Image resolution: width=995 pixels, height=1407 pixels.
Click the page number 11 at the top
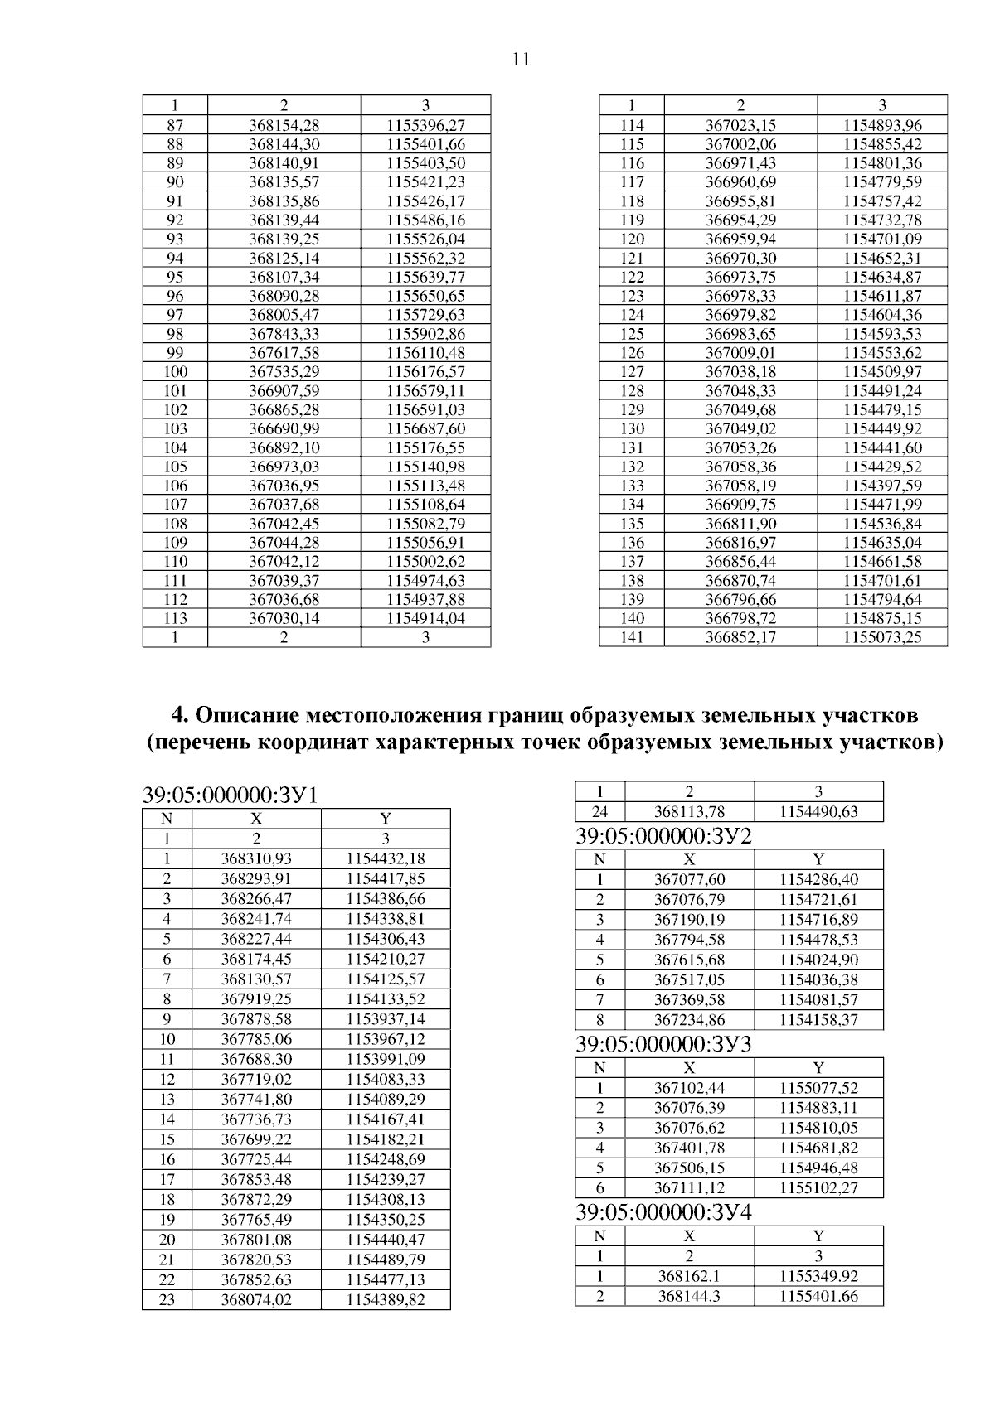point(521,60)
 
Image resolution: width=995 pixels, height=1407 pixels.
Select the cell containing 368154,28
point(284,125)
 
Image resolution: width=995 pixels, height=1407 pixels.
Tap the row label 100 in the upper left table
point(175,372)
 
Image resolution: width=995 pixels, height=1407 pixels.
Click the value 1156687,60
point(425,429)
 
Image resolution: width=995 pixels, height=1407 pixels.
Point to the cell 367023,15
point(740,125)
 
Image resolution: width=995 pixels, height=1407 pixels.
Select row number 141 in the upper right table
point(632,637)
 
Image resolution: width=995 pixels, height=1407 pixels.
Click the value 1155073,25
point(882,637)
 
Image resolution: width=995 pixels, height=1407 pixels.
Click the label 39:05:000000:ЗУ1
point(231,795)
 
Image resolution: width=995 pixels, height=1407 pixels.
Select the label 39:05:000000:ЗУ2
point(663,836)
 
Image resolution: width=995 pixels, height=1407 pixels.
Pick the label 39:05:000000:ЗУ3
point(663,1045)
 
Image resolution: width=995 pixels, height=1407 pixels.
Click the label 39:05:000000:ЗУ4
point(663,1212)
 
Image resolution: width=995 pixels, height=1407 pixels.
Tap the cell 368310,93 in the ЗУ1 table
point(256,859)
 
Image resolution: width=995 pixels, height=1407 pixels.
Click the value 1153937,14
point(386,1019)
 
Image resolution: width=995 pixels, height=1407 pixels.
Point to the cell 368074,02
point(256,1300)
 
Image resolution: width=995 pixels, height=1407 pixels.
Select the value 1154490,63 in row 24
point(818,812)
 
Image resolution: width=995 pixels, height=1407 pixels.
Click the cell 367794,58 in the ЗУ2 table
point(689,940)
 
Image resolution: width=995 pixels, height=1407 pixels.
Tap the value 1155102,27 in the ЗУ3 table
point(818,1188)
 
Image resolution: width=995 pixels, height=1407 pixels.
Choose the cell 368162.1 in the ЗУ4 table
point(689,1276)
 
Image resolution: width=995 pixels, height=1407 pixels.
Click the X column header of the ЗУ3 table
point(689,1068)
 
